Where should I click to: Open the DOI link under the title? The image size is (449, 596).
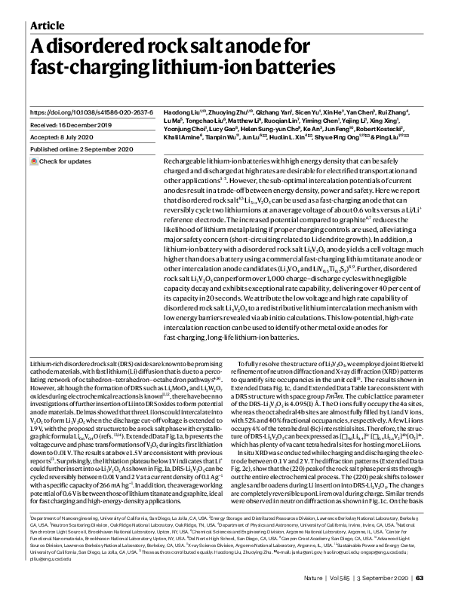point(90,111)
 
